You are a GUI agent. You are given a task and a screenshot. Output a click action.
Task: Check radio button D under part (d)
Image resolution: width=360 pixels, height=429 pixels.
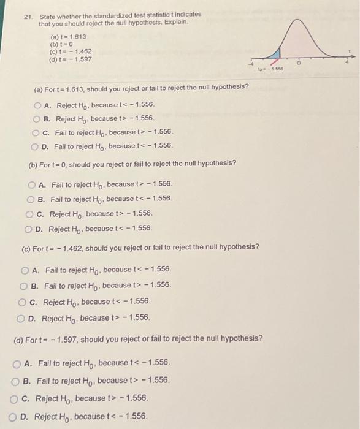pos(15,417)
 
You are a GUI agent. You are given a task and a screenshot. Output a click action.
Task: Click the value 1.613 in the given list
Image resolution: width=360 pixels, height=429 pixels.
pos(77,36)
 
